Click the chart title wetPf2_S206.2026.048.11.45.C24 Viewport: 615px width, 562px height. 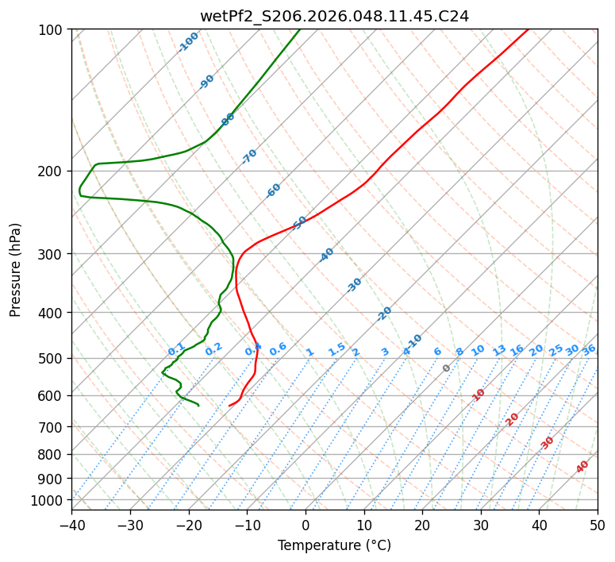[334, 16]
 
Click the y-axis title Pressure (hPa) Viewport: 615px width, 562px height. [16, 269]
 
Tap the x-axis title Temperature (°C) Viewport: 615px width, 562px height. [334, 545]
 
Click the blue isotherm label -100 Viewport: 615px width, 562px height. [188, 41]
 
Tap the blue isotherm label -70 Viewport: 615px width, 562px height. [249, 156]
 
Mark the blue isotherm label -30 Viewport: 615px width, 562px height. [354, 285]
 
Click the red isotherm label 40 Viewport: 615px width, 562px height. [582, 467]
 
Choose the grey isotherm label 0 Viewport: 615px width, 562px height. [447, 368]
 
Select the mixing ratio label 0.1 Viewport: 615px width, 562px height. [176, 348]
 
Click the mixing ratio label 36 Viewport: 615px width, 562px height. [589, 349]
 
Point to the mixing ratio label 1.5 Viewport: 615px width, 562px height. [336, 348]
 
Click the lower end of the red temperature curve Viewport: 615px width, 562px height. [229, 406]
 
